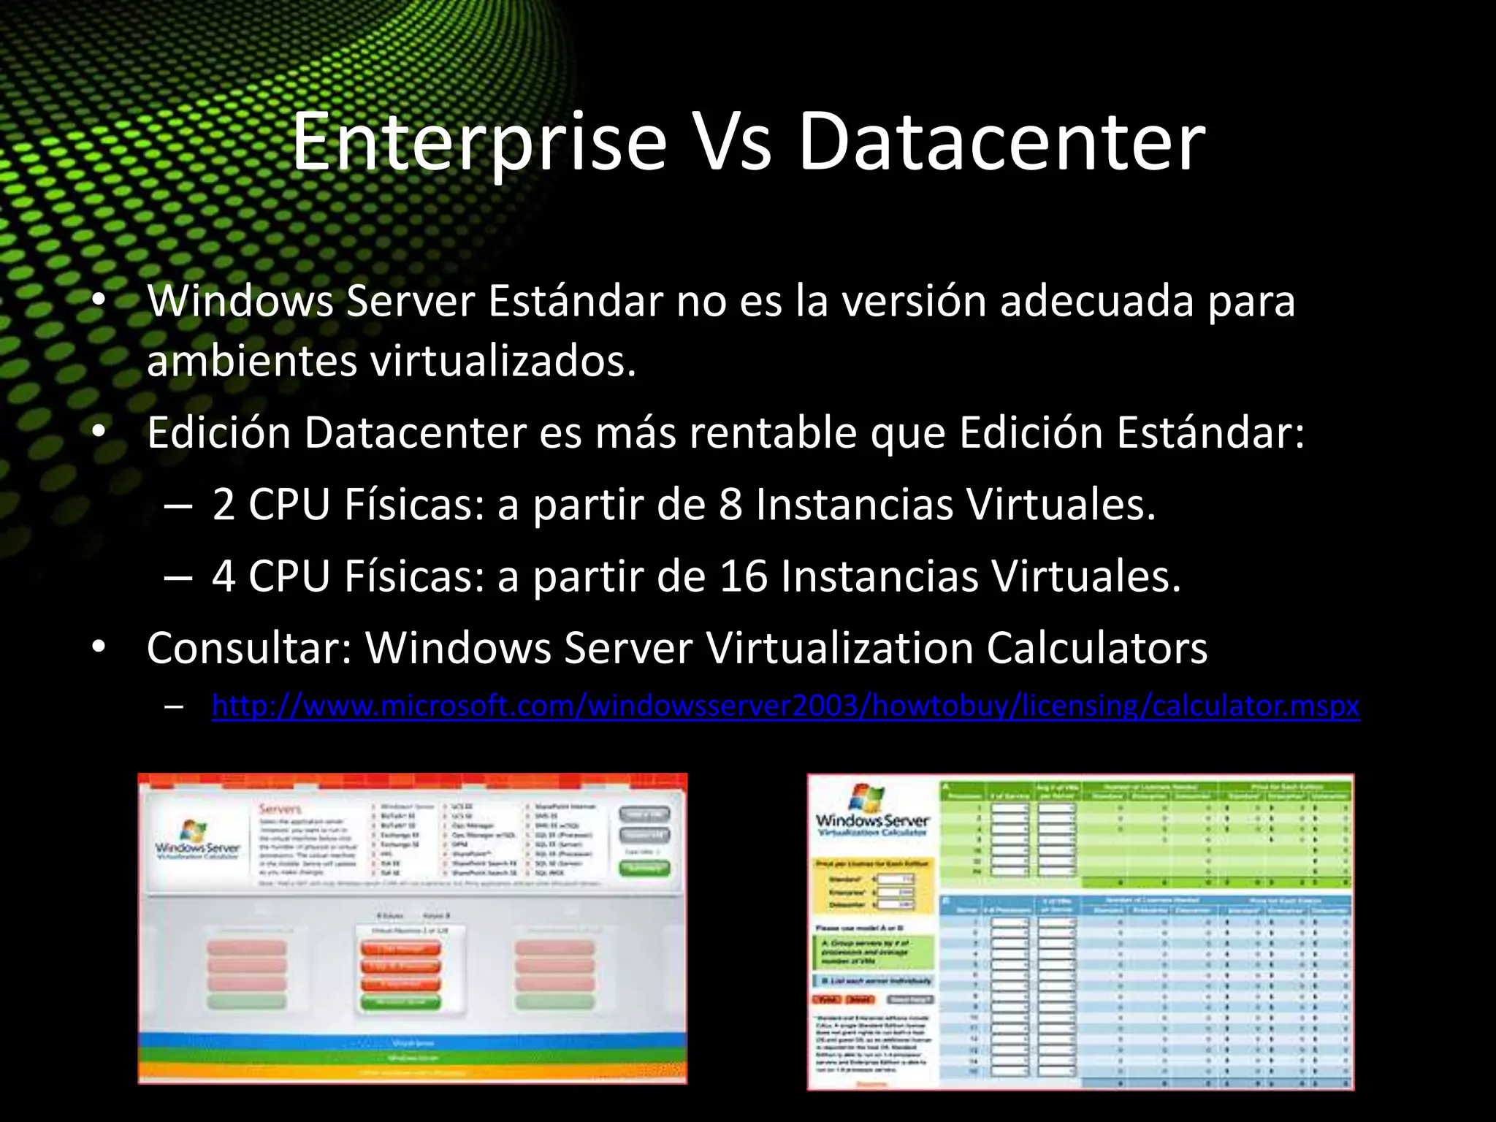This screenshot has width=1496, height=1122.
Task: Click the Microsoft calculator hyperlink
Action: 785,706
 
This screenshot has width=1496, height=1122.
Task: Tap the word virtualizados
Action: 504,361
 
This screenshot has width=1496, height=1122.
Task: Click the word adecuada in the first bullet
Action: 1096,301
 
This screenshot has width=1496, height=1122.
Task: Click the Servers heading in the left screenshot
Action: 280,809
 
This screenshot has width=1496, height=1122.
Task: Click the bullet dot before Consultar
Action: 99,647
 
